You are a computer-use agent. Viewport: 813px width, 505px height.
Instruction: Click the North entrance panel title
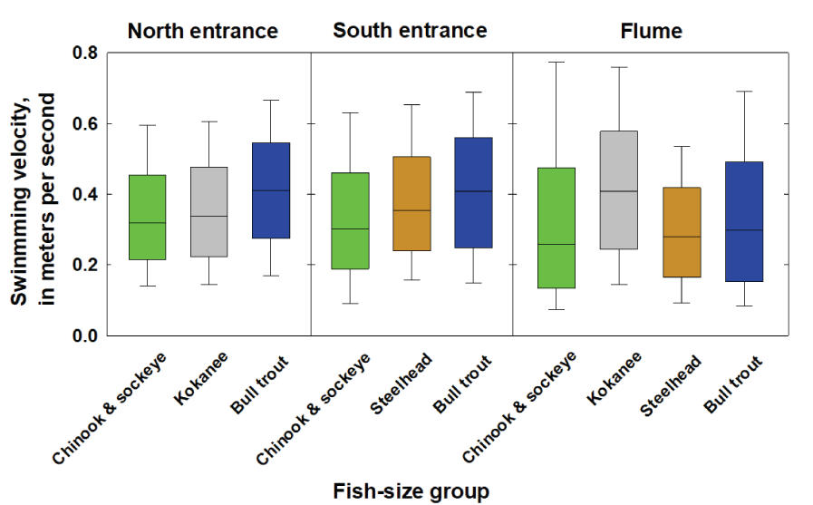202,31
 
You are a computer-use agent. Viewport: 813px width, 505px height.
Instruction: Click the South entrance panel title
410,31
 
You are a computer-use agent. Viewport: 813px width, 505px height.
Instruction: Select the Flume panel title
651,32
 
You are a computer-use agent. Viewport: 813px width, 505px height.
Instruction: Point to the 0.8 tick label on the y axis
85,53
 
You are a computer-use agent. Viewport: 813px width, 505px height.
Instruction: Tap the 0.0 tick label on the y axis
85,336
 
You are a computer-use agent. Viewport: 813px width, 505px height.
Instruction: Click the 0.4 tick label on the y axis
85,195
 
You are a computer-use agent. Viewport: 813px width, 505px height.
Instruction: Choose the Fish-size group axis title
411,490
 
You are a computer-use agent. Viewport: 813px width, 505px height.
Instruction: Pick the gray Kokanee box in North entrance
209,212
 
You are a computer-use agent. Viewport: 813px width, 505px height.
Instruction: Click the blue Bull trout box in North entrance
271,190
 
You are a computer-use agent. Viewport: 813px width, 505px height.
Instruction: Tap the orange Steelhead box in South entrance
412,204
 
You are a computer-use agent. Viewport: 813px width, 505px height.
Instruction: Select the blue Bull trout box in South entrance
474,192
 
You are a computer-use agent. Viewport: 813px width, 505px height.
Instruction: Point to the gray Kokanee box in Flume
619,190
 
